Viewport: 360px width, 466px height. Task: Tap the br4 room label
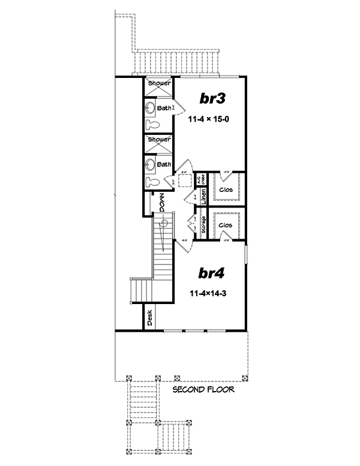[211, 274]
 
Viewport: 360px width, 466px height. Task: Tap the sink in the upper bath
[149, 109]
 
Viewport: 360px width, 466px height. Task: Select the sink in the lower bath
[149, 164]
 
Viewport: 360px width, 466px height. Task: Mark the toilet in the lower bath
[151, 182]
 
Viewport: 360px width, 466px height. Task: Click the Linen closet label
[203, 196]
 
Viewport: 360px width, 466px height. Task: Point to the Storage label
[203, 226]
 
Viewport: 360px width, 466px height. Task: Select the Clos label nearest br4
[226, 225]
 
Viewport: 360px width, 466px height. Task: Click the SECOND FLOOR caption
[203, 390]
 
